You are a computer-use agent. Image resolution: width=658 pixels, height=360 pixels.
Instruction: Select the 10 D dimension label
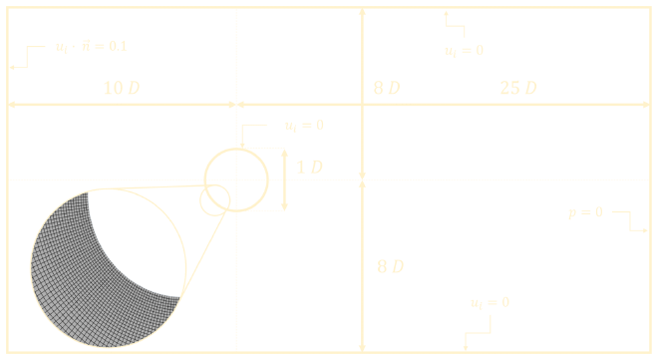[x=122, y=88]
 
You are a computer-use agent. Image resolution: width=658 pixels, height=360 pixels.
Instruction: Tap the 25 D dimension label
[x=517, y=88]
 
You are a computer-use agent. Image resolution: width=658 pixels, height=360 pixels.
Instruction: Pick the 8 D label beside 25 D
[x=387, y=88]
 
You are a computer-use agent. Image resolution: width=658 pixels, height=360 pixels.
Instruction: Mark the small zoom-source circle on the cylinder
[x=214, y=199]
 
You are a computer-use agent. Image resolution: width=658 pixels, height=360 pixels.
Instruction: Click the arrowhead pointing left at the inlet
[x=13, y=66]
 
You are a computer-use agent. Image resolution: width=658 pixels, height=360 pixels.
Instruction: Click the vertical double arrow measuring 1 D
[x=285, y=180]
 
